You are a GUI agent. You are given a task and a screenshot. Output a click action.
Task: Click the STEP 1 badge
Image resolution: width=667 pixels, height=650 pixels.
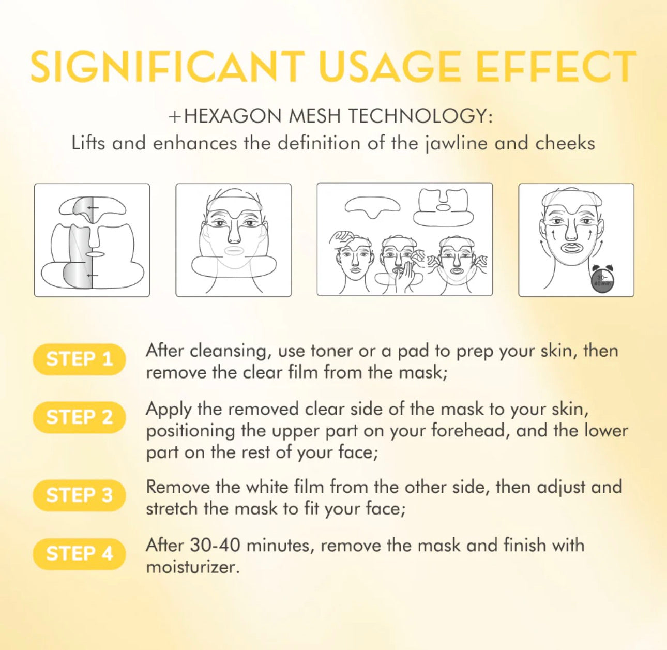(x=79, y=359)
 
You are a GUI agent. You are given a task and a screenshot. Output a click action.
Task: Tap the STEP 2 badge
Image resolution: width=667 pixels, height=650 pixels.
(x=79, y=417)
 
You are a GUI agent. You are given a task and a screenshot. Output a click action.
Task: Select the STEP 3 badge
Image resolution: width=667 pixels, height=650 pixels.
(x=79, y=495)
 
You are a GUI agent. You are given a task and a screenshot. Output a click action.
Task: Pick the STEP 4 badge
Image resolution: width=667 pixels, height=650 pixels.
(x=79, y=554)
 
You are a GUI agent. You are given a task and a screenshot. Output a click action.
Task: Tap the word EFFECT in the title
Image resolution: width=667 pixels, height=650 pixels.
(x=556, y=67)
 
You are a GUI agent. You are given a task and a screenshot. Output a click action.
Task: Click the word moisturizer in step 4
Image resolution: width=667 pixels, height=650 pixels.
(x=193, y=567)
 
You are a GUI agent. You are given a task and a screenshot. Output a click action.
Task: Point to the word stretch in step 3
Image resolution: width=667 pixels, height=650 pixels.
(x=172, y=509)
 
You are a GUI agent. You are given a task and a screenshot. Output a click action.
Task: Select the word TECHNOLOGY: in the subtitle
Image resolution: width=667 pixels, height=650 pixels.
(x=419, y=116)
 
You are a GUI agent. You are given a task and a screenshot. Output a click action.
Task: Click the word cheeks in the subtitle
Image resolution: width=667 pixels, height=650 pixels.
(x=565, y=143)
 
